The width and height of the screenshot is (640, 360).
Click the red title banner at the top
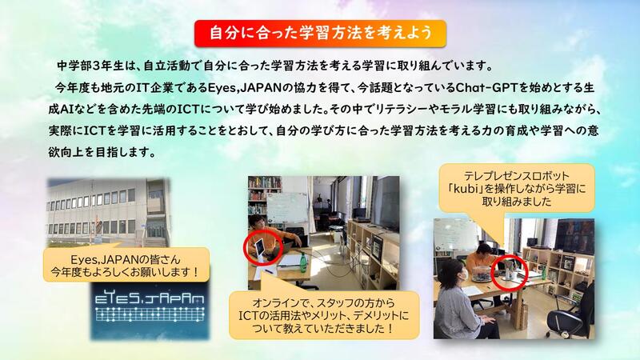click(320, 33)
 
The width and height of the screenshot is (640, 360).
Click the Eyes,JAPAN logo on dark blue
click(150, 310)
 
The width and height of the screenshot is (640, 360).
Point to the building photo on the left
click(109, 212)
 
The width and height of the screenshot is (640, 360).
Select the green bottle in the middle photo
click(303, 262)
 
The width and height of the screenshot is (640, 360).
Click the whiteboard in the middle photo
click(287, 208)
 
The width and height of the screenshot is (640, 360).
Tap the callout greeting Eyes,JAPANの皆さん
click(126, 266)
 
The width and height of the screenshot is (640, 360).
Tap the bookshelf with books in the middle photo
click(264, 196)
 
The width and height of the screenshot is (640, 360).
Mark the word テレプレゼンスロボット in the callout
click(516, 176)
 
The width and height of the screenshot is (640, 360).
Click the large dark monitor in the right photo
click(574, 237)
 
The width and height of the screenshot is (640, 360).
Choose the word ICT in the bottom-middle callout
click(248, 315)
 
